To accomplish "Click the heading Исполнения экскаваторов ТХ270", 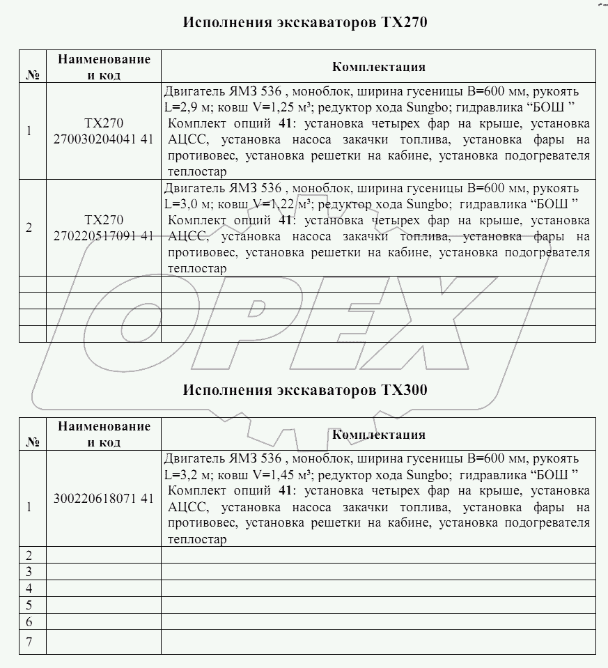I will [304, 22].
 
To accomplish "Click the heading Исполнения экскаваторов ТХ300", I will [304, 390].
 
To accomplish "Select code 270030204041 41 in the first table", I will [103, 138].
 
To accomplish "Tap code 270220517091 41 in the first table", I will [103, 235].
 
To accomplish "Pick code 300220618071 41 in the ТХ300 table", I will [103, 498].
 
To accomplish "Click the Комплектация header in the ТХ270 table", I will [378, 67].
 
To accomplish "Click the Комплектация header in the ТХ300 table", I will [378, 435].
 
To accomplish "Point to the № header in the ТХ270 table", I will [31, 75].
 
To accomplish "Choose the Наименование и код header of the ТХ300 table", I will [103, 434].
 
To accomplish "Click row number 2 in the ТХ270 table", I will [29, 228].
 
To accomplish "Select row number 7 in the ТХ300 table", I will [29, 642].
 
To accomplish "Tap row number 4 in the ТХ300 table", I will [29, 588].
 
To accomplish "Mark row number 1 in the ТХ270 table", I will [29, 130].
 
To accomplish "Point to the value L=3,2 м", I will [185, 474].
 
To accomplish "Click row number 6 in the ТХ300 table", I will [29, 621].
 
